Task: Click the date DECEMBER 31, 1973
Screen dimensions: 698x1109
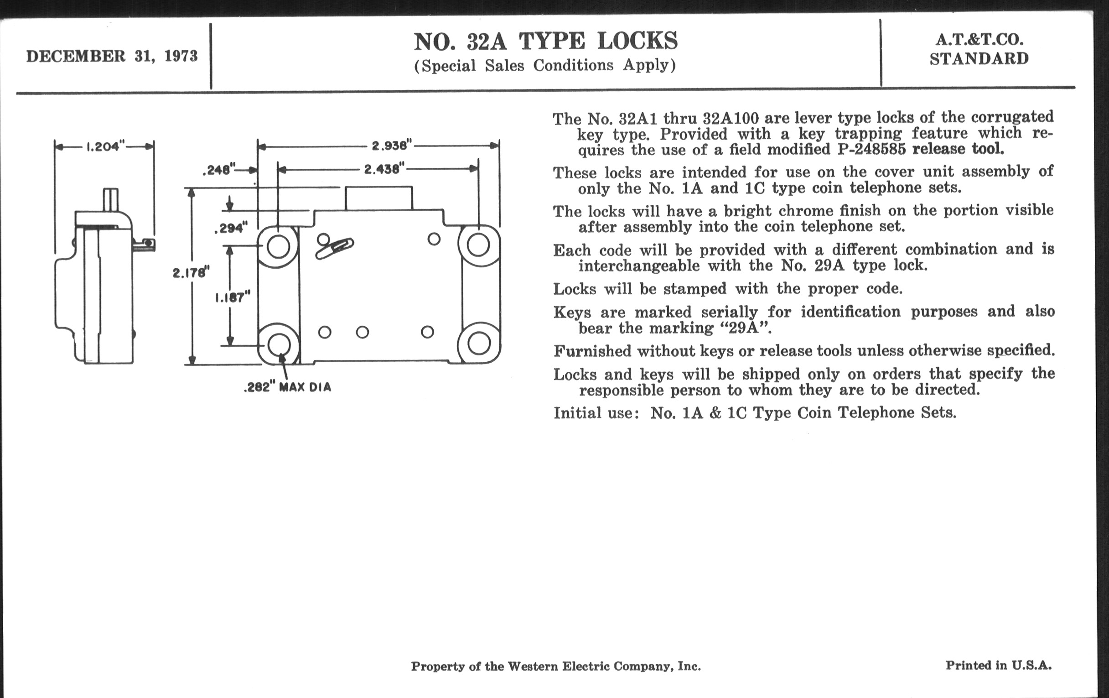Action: pyautogui.click(x=112, y=56)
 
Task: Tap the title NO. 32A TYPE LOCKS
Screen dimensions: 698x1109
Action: pyautogui.click(x=545, y=42)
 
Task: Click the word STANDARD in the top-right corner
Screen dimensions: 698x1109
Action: pyautogui.click(x=979, y=59)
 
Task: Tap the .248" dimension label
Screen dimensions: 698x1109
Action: pyautogui.click(x=219, y=170)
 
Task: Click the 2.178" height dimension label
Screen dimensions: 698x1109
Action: pyautogui.click(x=191, y=273)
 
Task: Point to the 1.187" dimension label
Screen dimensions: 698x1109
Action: pyautogui.click(x=233, y=297)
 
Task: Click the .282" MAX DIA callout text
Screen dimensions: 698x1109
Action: pyautogui.click(x=287, y=387)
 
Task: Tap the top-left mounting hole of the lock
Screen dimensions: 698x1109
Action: pyautogui.click(x=278, y=246)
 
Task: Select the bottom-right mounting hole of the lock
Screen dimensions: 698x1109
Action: pyautogui.click(x=478, y=344)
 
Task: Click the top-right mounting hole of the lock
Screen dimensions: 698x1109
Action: pyautogui.click(x=478, y=245)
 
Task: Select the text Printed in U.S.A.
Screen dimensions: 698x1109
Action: pyautogui.click(x=999, y=665)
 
